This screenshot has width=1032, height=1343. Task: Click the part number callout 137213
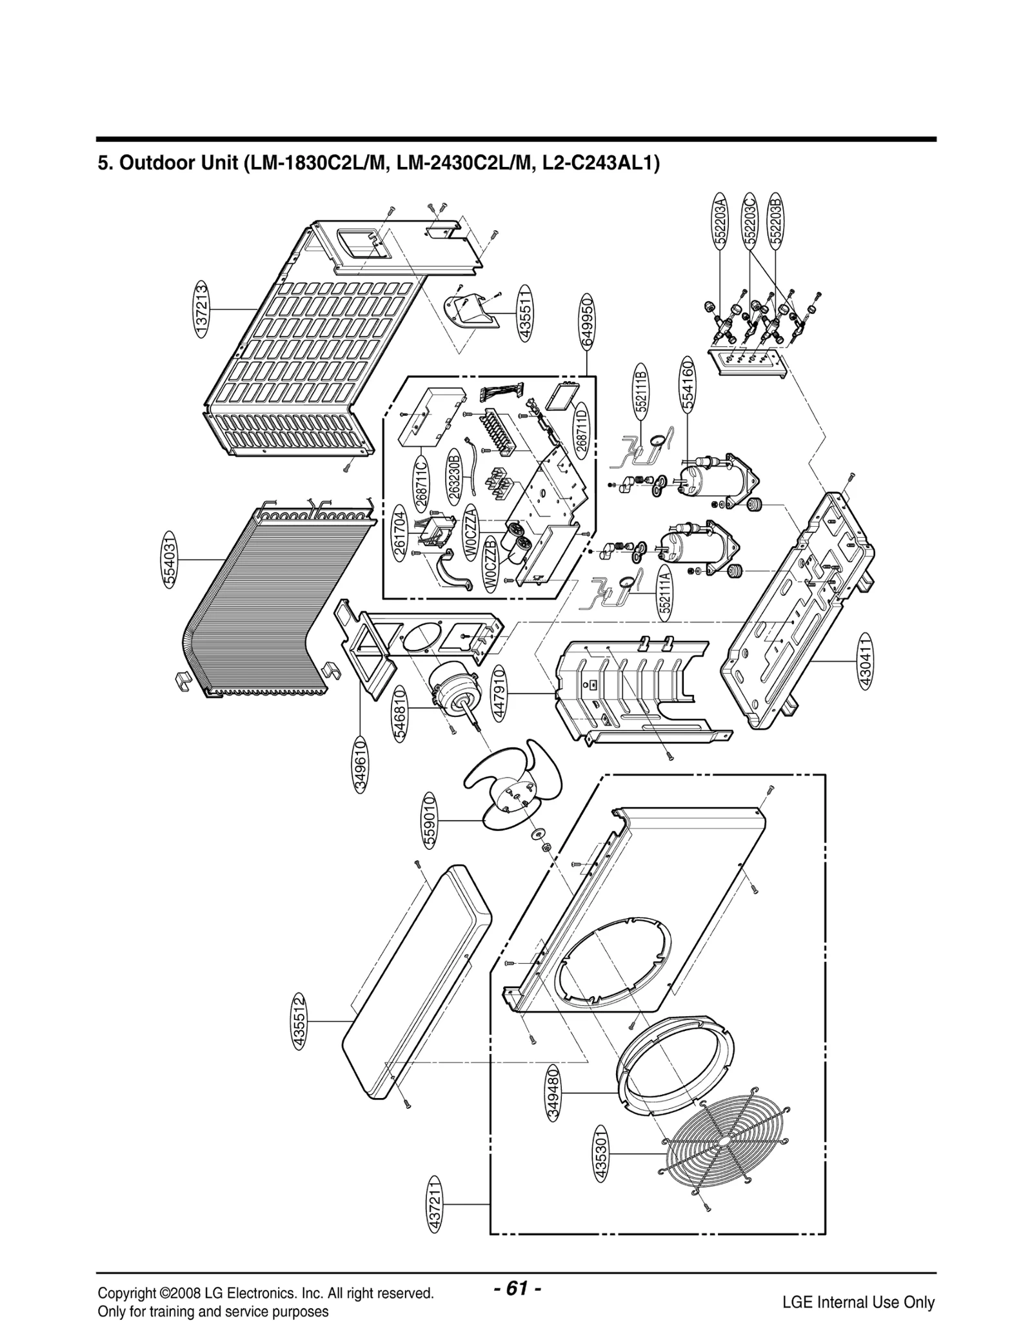202,309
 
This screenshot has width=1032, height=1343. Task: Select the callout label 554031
169,560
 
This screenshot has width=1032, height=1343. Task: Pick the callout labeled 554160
688,386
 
